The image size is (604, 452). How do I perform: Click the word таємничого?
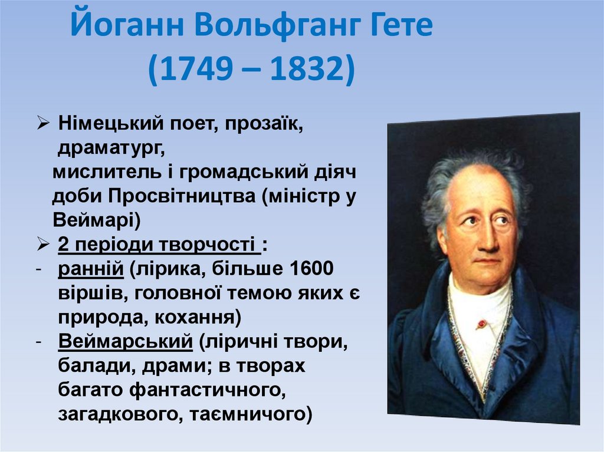250,414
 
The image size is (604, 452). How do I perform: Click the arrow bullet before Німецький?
44,124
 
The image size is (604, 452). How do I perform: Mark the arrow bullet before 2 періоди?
44,244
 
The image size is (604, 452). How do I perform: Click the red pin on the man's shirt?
482,323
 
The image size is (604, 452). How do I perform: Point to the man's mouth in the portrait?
487,260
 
